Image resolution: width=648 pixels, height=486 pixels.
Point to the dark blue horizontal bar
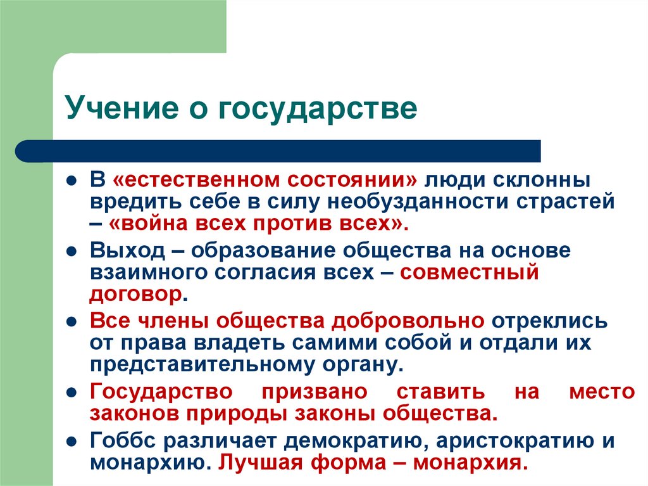tap(278, 151)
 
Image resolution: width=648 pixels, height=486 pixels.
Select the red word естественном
tap(193, 179)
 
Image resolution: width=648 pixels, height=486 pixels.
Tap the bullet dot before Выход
tap(74, 250)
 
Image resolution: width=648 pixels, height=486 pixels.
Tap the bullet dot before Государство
tap(74, 392)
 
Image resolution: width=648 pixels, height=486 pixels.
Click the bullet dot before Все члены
tap(74, 321)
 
